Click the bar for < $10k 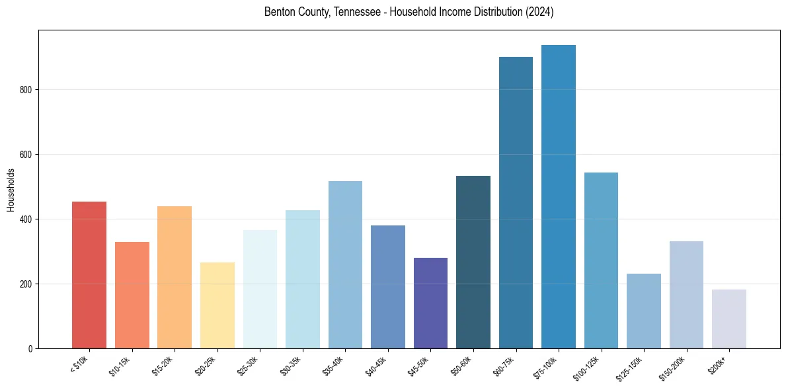coord(89,275)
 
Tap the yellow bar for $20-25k coord(217,305)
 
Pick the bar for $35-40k coord(345,264)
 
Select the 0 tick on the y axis coord(31,349)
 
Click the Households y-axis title coord(11,190)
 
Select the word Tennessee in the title coord(342,13)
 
